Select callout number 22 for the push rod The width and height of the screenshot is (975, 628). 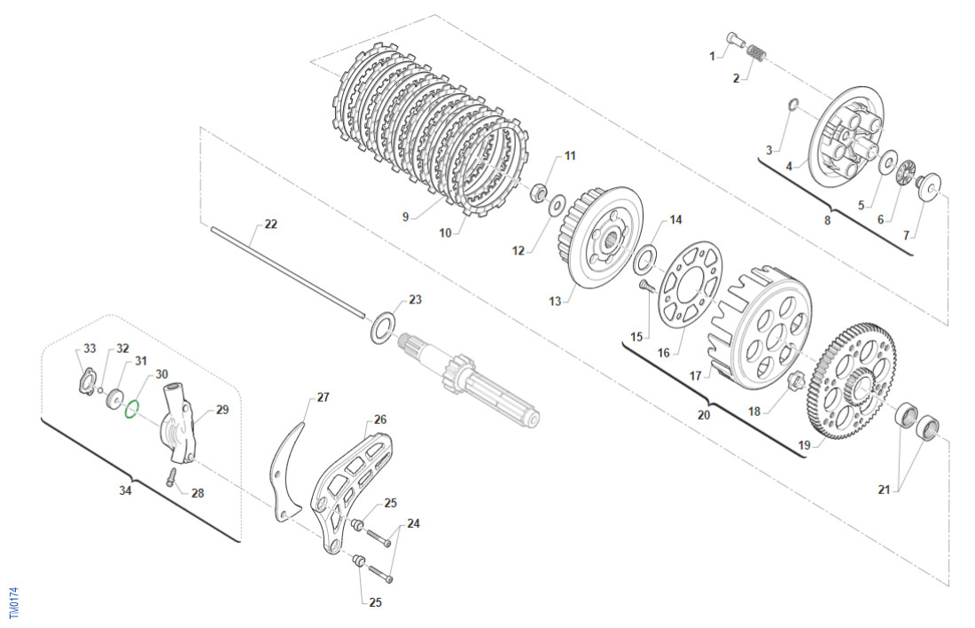[x=270, y=224]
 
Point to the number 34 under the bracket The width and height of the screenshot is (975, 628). [x=126, y=490]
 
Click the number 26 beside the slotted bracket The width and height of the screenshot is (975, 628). [x=379, y=420]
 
